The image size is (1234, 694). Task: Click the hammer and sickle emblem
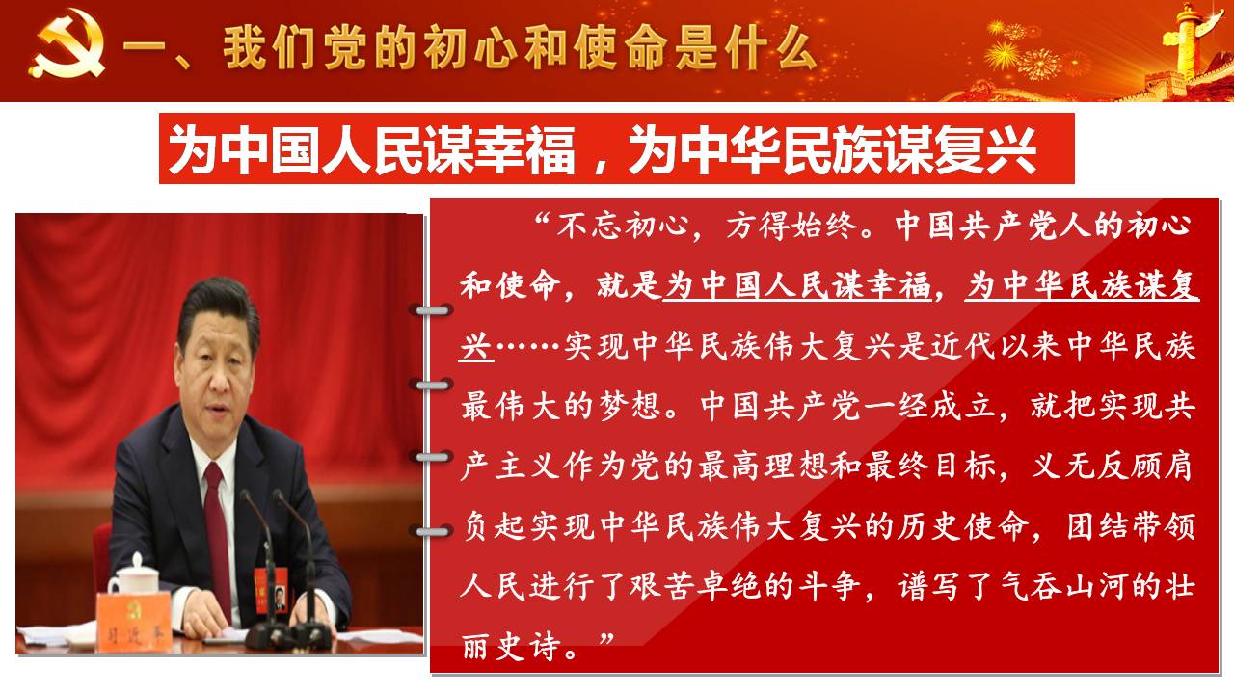coord(67,43)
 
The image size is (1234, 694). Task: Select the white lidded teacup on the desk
coord(133,575)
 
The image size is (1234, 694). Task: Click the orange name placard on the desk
coord(134,621)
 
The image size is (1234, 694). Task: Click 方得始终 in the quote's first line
coord(791,226)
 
